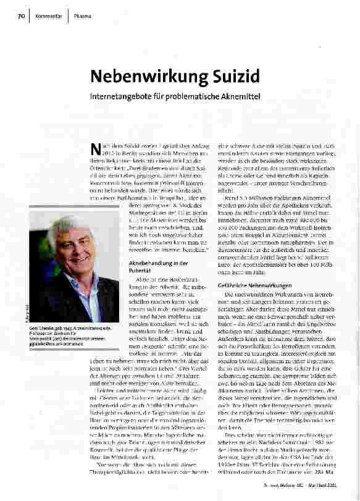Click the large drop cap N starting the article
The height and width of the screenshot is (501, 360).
pyautogui.click(x=95, y=148)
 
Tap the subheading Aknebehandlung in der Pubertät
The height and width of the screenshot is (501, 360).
pyautogui.click(x=151, y=266)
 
